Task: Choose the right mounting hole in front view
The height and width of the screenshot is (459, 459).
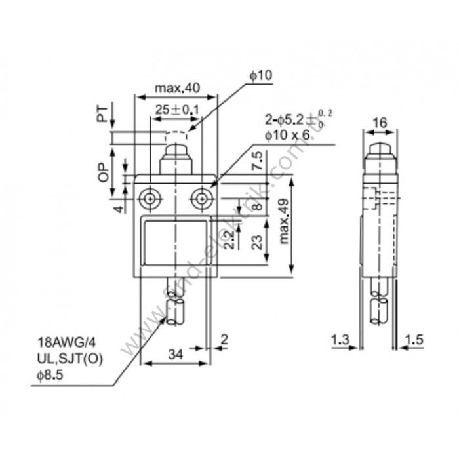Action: click(x=202, y=197)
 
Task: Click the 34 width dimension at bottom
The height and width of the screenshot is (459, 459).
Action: click(x=175, y=355)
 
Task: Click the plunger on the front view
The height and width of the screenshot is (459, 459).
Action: click(x=176, y=159)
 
